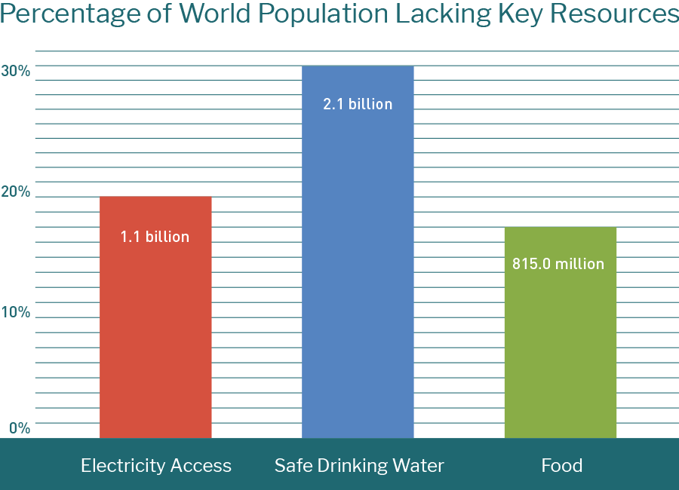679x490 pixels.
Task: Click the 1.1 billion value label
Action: [x=155, y=237]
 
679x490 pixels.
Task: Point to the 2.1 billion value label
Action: [x=358, y=104]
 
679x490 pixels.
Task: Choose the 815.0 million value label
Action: [x=558, y=264]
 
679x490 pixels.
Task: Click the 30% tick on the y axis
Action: [x=16, y=71]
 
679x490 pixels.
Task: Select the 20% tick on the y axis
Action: [x=16, y=191]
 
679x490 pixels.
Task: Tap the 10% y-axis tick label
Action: [x=16, y=312]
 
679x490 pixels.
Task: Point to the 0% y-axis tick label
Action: [x=20, y=428]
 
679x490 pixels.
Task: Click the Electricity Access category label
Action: [x=156, y=465]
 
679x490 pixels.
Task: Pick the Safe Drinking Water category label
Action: [x=359, y=465]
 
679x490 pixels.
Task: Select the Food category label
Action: [x=562, y=465]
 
